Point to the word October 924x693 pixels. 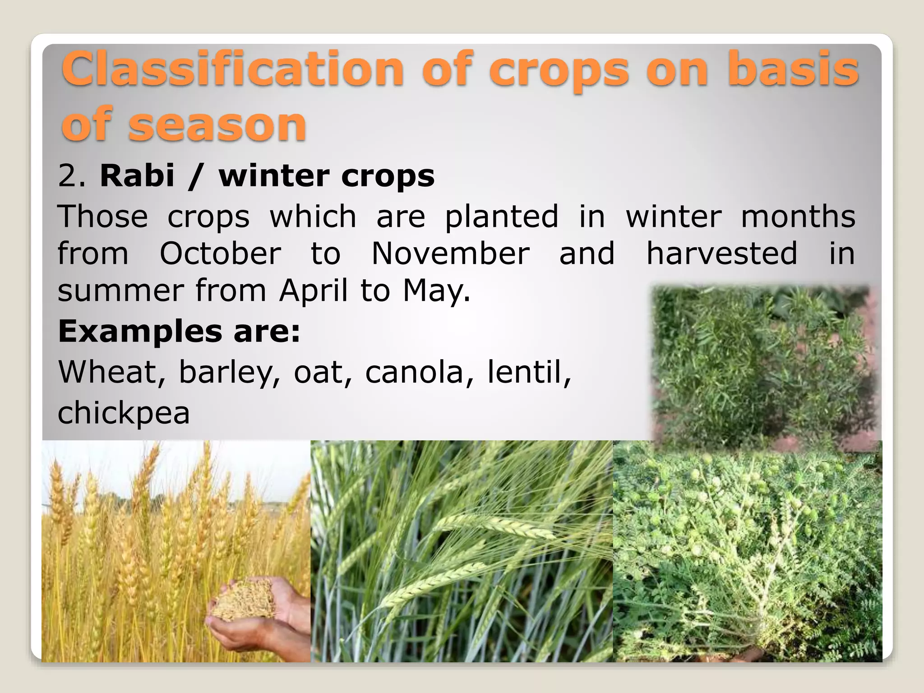coord(220,254)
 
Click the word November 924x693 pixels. coord(450,254)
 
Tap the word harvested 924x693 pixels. coord(722,254)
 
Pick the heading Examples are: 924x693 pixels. coord(179,331)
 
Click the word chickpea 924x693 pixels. coord(124,414)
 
